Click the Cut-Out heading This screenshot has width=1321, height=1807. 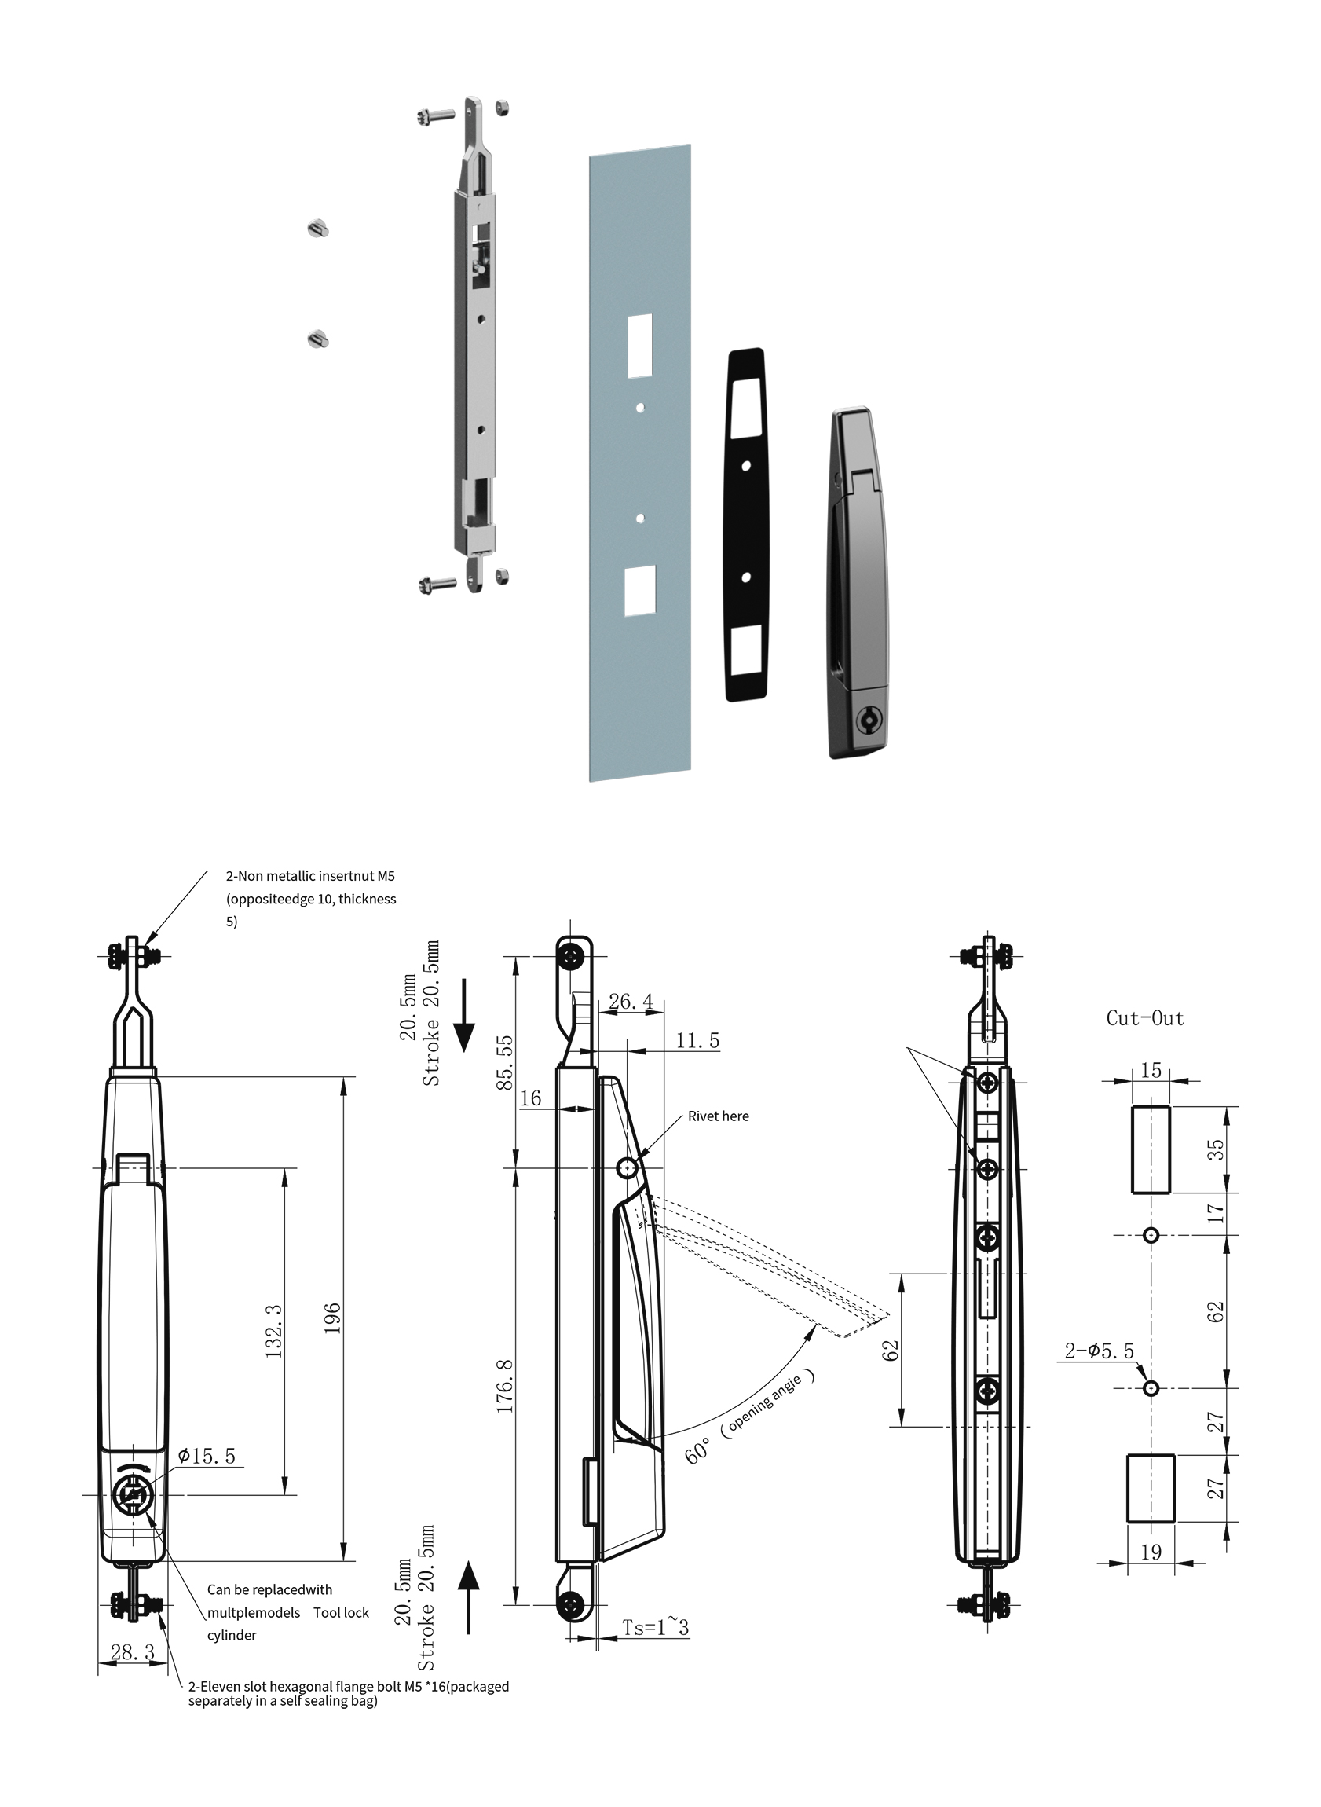tap(1144, 1018)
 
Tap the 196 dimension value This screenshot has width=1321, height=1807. tap(332, 1318)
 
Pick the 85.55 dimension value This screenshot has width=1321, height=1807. tap(504, 1061)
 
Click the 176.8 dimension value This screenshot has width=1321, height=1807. tap(504, 1386)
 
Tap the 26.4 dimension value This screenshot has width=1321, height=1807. tap(631, 1001)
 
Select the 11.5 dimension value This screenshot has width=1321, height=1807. tap(697, 1040)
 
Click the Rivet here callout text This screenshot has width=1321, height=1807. tap(718, 1116)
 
